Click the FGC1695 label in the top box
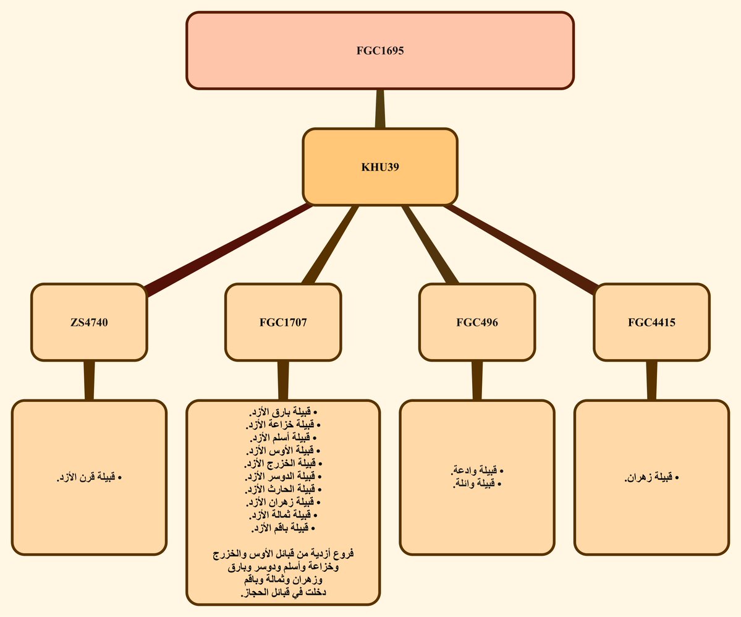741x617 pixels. point(380,51)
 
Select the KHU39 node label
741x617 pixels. point(380,167)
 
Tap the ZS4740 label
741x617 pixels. point(89,323)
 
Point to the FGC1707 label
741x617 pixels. point(283,323)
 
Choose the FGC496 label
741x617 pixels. point(477,323)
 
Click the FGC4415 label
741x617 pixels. point(651,323)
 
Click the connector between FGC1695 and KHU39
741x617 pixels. point(380,109)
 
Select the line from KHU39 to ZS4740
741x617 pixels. point(229,250)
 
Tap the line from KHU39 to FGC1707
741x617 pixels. point(331,244)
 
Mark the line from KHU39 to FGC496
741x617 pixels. point(430,244)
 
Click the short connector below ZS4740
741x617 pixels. point(89,381)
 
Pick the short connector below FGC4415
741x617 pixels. point(651,381)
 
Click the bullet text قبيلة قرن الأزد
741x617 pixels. point(89,477)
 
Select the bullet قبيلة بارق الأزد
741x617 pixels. point(283,411)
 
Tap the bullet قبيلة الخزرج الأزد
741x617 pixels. point(283,463)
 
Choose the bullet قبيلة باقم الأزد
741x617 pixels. point(283,527)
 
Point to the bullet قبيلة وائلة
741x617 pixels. point(477,483)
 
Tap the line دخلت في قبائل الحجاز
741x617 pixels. point(283,592)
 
